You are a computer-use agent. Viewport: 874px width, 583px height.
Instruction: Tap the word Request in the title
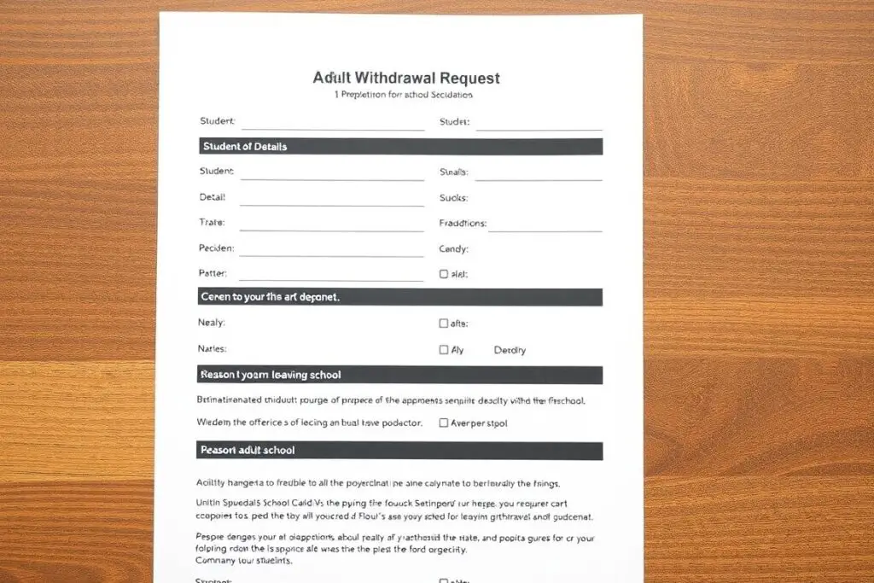coord(468,78)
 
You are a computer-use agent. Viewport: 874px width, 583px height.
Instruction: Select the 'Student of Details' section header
coord(244,147)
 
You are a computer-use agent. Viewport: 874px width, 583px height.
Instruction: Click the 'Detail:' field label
coord(213,197)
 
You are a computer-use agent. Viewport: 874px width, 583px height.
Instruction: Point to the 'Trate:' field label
coord(212,223)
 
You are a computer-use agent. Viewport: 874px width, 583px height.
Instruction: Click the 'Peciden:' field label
coord(216,249)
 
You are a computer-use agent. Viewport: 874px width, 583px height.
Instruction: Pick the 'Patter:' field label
coord(213,274)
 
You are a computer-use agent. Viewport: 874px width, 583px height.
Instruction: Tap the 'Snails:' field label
coord(453,172)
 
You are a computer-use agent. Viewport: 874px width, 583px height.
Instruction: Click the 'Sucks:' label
coord(453,198)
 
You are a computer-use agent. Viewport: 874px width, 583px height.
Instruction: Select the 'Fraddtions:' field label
coord(463,224)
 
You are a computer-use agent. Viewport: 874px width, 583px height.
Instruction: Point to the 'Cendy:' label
coord(453,249)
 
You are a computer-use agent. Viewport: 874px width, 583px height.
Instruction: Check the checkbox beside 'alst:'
coord(443,275)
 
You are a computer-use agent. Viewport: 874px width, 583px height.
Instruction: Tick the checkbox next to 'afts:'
coord(443,324)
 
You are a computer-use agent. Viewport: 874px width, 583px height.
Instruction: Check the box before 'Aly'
coord(443,350)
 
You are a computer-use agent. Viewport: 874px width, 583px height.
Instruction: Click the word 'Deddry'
coord(510,350)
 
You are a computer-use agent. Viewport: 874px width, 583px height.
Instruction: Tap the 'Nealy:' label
coord(212,324)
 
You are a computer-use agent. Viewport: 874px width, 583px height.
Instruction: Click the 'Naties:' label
coord(213,349)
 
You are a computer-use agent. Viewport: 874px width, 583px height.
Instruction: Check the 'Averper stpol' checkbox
coord(443,423)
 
